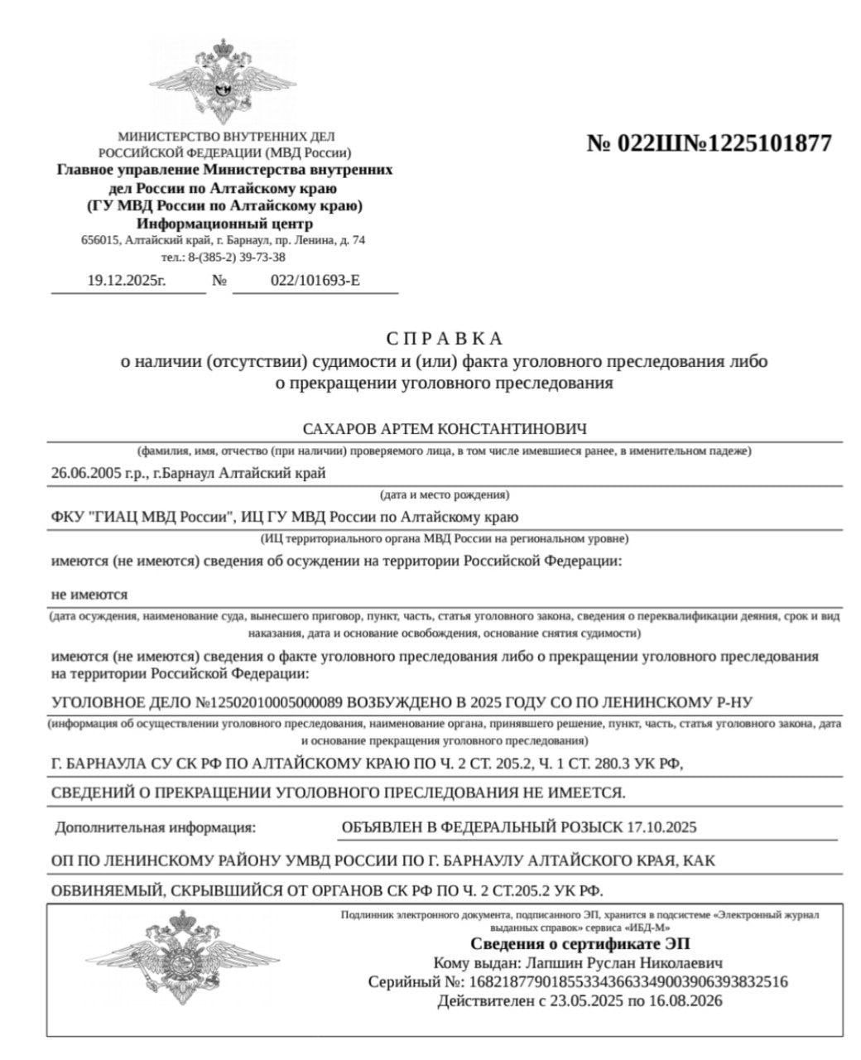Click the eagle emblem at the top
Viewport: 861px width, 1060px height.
[x=224, y=81]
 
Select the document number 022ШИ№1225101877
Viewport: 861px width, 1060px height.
[x=709, y=143]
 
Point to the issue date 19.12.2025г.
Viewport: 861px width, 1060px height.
[x=127, y=281]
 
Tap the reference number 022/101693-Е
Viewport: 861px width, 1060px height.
[x=315, y=281]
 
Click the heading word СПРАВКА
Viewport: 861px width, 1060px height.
[x=444, y=339]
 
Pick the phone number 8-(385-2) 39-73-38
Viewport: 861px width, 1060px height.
[x=236, y=257]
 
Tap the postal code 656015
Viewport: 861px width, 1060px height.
[x=99, y=240]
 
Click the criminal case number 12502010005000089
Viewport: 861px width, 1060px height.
[x=274, y=703]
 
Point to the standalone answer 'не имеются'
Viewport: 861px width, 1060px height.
[x=89, y=595]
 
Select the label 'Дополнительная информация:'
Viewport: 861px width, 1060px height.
[x=156, y=827]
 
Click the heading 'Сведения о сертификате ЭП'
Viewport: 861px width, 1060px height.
[x=580, y=944]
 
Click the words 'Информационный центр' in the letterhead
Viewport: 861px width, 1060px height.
[x=224, y=224]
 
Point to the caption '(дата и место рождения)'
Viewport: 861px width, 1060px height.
[x=445, y=495]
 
